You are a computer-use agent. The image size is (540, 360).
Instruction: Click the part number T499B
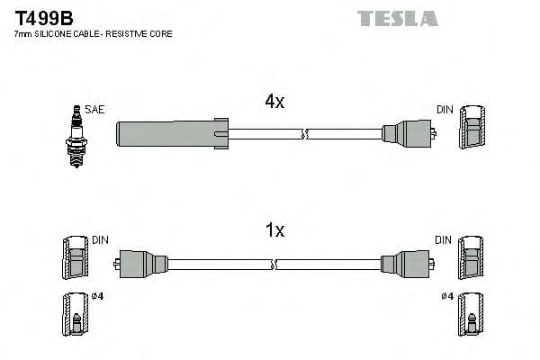pos(41,17)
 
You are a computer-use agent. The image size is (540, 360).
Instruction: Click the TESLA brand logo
pos(397,18)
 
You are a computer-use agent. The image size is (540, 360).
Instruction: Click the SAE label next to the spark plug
pos(95,110)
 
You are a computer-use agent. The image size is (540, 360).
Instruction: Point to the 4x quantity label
pos(274,103)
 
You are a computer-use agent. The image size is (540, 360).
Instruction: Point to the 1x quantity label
pos(274,231)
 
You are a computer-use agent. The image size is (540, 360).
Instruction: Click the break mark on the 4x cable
pos(303,134)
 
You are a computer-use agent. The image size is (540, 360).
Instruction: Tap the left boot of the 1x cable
pos(143,264)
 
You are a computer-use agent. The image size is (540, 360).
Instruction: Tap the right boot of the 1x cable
pos(401,264)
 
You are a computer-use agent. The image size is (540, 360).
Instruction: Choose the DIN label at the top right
pos(445,110)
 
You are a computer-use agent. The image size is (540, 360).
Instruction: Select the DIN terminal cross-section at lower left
pos(75,259)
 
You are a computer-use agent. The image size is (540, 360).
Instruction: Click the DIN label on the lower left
pos(100,240)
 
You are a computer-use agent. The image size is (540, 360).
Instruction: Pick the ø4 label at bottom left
pos(98,296)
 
